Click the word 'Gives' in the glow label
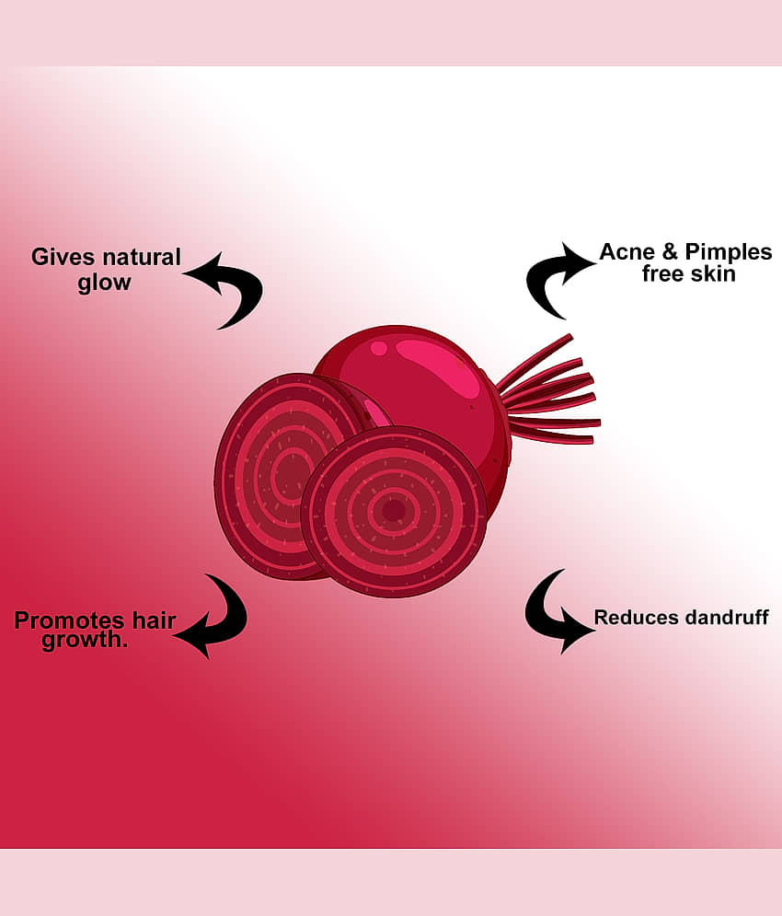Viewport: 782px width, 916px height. [63, 257]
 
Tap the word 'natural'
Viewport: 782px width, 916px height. [141, 257]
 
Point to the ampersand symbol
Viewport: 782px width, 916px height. [670, 251]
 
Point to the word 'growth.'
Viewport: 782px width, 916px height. [85, 640]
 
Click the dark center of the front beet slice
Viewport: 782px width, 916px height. [394, 511]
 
